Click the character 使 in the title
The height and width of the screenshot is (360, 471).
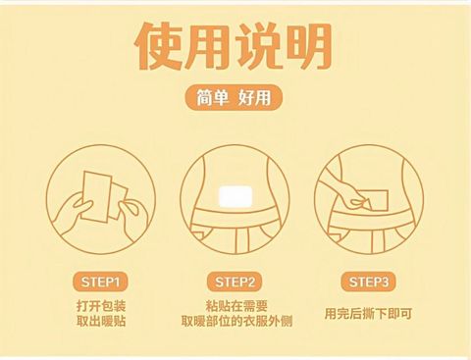click(x=159, y=45)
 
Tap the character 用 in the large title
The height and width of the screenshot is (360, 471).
click(x=209, y=46)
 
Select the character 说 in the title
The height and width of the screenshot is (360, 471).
click(x=259, y=46)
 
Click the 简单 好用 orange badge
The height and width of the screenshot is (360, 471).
click(x=234, y=97)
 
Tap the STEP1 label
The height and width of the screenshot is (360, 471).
click(x=100, y=282)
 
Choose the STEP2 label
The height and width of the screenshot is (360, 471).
click(x=235, y=282)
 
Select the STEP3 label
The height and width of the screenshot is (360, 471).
click(x=368, y=282)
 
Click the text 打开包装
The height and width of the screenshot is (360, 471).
click(x=101, y=306)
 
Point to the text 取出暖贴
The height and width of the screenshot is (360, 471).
click(x=101, y=321)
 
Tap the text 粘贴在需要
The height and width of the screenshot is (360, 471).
click(x=236, y=306)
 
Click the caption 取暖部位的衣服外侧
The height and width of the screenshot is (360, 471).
click(x=236, y=321)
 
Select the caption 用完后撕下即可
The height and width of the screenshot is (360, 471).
click(x=368, y=314)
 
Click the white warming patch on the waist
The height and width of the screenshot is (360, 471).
click(x=235, y=196)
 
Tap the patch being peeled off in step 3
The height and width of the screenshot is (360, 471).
click(x=376, y=200)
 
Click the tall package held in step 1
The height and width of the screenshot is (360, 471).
click(x=95, y=197)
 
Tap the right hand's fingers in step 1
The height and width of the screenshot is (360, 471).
click(x=131, y=213)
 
